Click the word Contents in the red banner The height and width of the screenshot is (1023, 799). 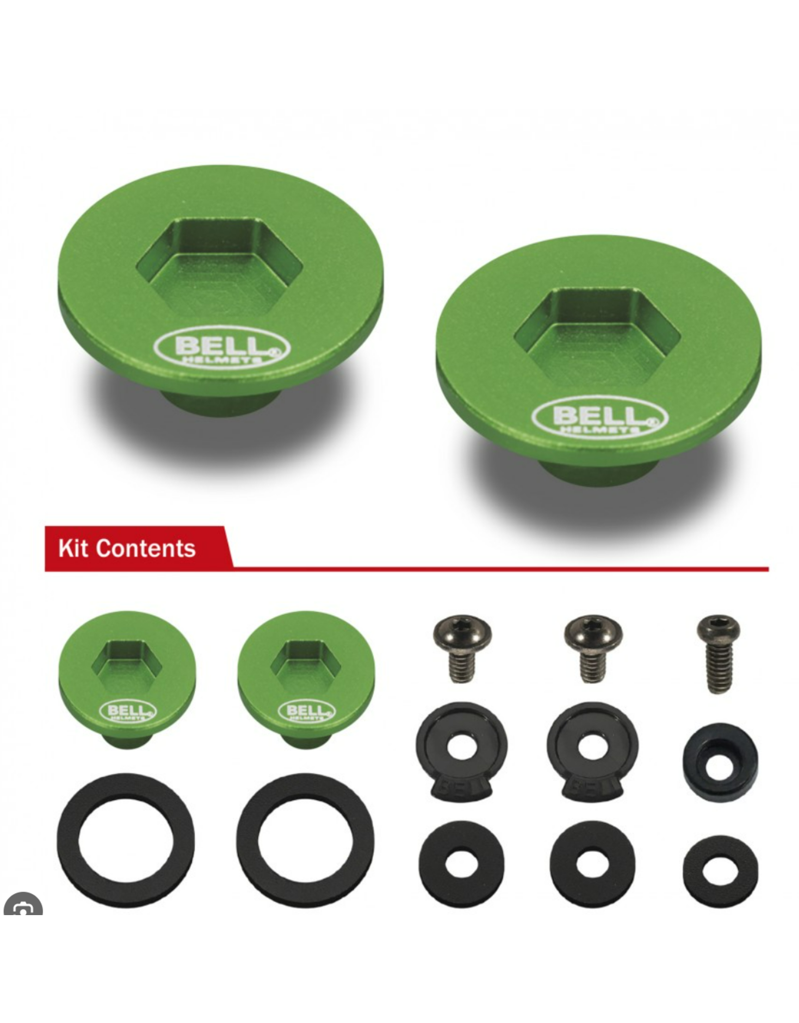point(146,548)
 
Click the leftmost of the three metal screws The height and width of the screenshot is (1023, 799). point(462,644)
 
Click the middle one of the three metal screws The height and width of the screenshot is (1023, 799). point(594,644)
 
